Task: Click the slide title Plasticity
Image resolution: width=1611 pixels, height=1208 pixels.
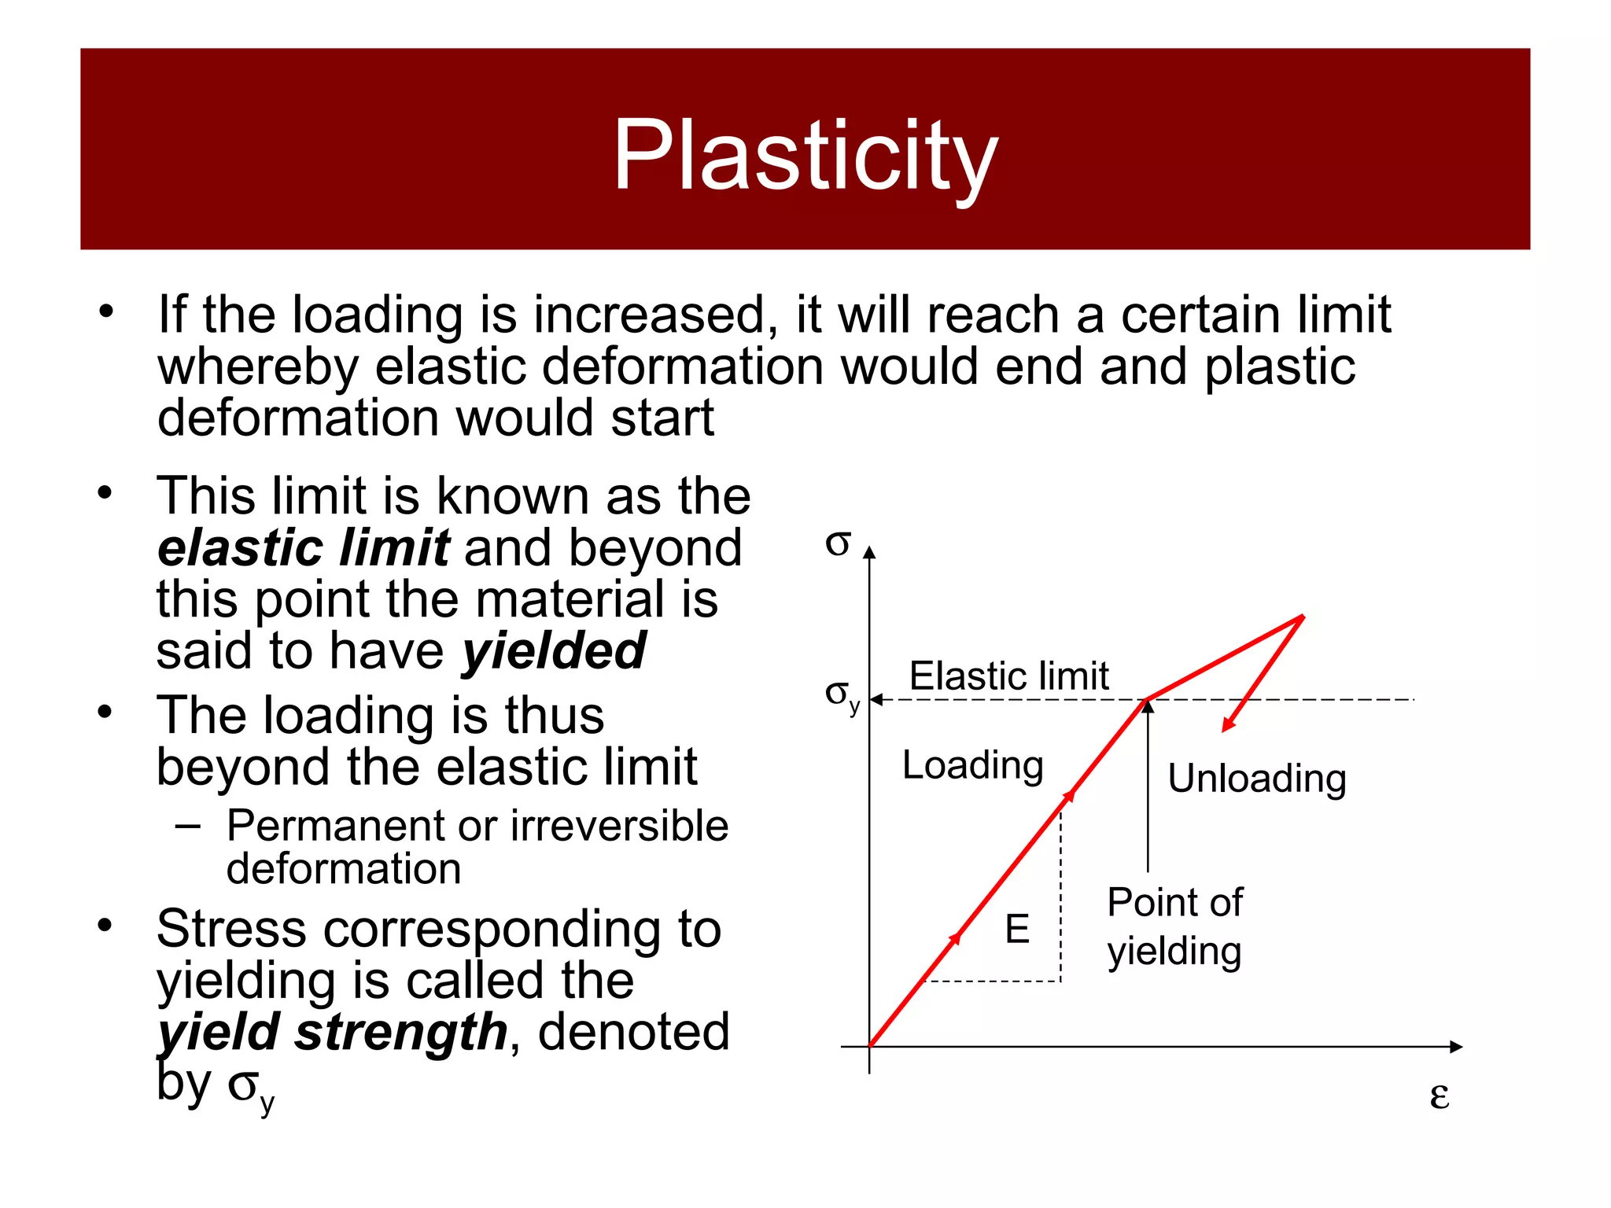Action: pyautogui.click(x=805, y=155)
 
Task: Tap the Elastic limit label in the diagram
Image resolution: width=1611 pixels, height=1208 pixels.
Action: pyautogui.click(x=1008, y=676)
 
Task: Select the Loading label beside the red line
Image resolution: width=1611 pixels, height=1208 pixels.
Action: pyautogui.click(x=972, y=765)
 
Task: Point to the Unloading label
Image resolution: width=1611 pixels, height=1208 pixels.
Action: pyautogui.click(x=1256, y=779)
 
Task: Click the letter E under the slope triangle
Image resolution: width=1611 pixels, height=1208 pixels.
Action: pyautogui.click(x=1017, y=929)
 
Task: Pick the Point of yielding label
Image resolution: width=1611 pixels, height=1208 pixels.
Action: pyautogui.click(x=1174, y=926)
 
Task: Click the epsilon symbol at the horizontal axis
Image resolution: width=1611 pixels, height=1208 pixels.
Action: pyautogui.click(x=1439, y=1095)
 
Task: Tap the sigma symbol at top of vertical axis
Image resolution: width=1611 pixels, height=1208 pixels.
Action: pyautogui.click(x=838, y=543)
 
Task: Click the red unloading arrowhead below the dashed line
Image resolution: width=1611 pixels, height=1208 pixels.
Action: pyautogui.click(x=1228, y=725)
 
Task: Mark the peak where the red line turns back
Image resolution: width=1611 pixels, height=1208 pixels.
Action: pyautogui.click(x=1303, y=617)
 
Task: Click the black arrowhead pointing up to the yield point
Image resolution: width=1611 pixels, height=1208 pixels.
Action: pyautogui.click(x=1148, y=706)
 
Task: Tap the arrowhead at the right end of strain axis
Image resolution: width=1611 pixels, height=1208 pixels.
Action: pyautogui.click(x=1456, y=1047)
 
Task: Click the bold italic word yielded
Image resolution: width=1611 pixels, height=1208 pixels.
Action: pyautogui.click(x=554, y=651)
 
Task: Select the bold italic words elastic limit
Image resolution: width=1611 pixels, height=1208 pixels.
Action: pyautogui.click(x=304, y=548)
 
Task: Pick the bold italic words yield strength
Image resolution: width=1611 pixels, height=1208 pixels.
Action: pyautogui.click(x=333, y=1032)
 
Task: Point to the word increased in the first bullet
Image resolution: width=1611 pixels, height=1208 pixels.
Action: pyautogui.click(x=649, y=315)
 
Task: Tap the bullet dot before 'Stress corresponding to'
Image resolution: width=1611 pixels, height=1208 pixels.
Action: pyautogui.click(x=105, y=926)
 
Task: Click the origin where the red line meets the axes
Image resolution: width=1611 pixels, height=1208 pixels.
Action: pyautogui.click(x=869, y=1047)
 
